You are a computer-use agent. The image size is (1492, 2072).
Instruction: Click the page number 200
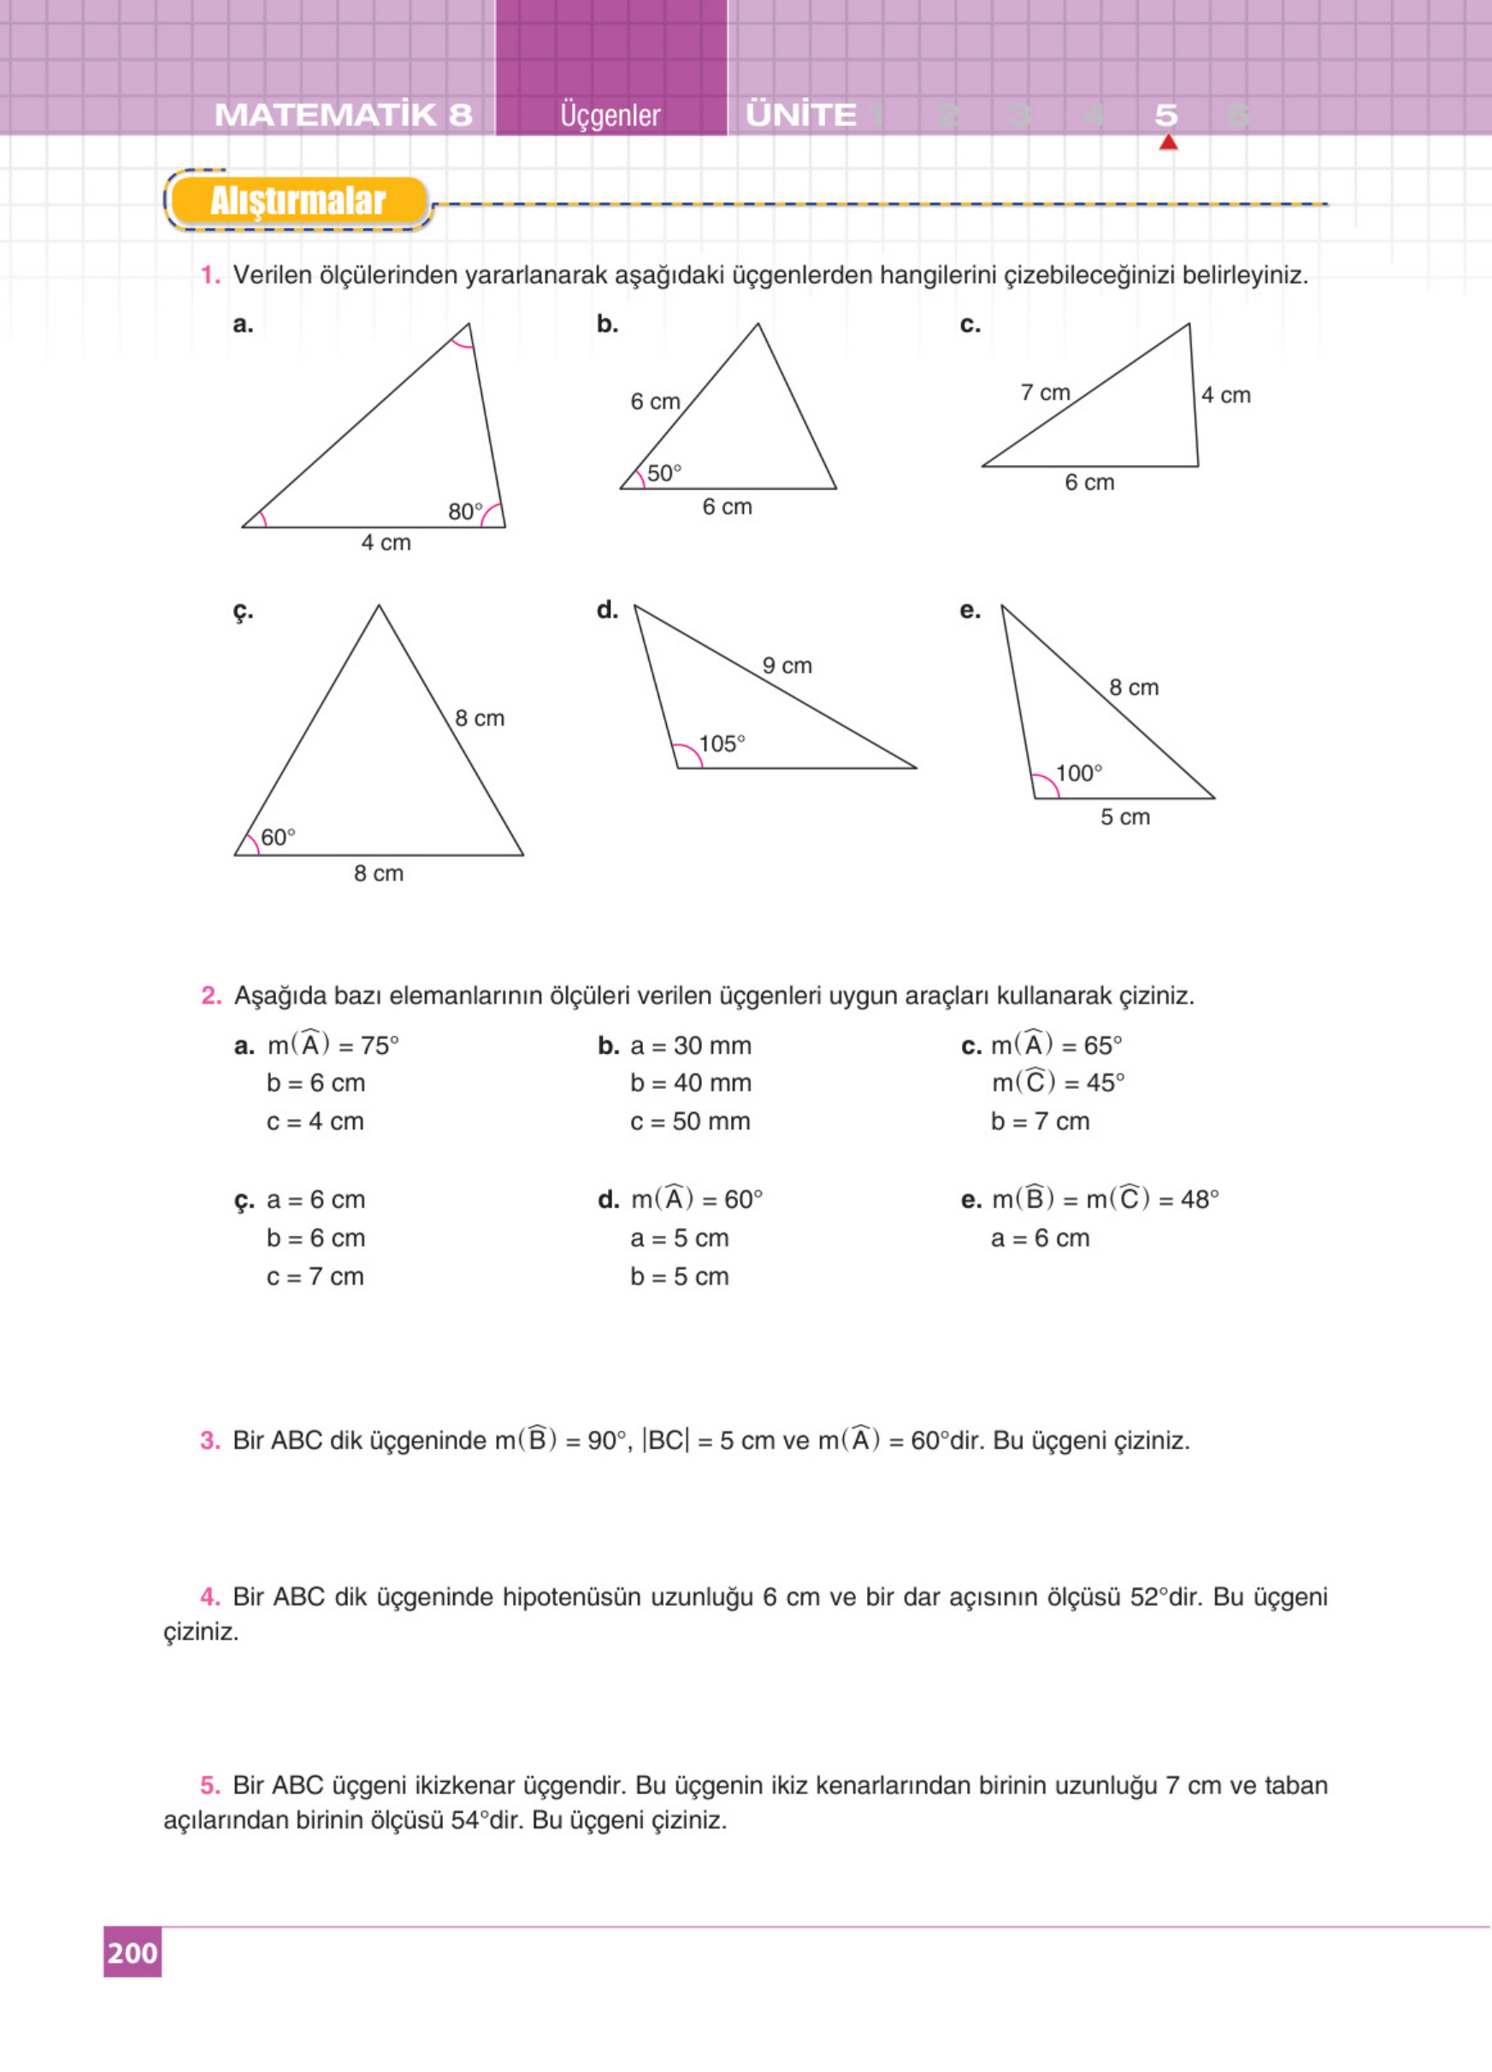pyautogui.click(x=133, y=1952)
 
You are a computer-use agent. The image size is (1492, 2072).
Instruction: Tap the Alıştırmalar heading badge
pyautogui.click(x=298, y=201)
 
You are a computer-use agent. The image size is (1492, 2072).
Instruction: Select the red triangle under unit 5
pyautogui.click(x=1168, y=143)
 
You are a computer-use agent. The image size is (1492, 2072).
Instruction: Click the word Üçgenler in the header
pyautogui.click(x=610, y=116)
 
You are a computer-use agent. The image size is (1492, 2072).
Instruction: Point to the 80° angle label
pyautogui.click(x=465, y=512)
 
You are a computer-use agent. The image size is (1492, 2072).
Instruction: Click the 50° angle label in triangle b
pyautogui.click(x=664, y=474)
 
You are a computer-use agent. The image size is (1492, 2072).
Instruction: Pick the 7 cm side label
pyautogui.click(x=1045, y=393)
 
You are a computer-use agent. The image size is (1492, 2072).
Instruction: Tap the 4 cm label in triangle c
pyautogui.click(x=1225, y=396)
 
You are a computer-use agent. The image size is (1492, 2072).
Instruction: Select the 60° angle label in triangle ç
pyautogui.click(x=278, y=837)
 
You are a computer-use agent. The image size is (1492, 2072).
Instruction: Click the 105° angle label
pyautogui.click(x=722, y=744)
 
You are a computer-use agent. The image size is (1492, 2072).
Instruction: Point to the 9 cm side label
pyautogui.click(x=787, y=666)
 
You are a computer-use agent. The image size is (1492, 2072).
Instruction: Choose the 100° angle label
pyautogui.click(x=1079, y=774)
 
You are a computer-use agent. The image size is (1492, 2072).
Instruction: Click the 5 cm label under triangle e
pyautogui.click(x=1124, y=816)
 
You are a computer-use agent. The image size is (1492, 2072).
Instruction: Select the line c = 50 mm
pyautogui.click(x=690, y=1121)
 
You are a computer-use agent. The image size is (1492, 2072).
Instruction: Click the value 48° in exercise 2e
pyautogui.click(x=1199, y=1199)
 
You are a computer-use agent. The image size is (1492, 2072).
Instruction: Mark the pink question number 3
pyautogui.click(x=210, y=1440)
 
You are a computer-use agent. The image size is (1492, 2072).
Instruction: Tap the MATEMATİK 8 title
pyautogui.click(x=344, y=115)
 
